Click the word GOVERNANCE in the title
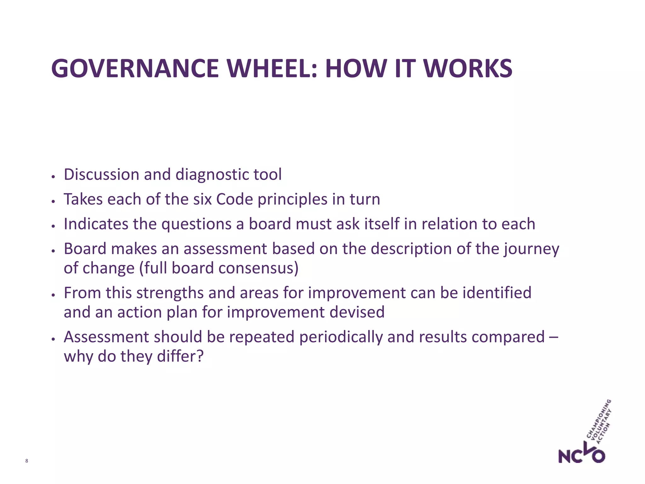(135, 69)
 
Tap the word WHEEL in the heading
(272, 69)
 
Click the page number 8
(26, 461)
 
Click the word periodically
(341, 337)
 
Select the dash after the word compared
(553, 337)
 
